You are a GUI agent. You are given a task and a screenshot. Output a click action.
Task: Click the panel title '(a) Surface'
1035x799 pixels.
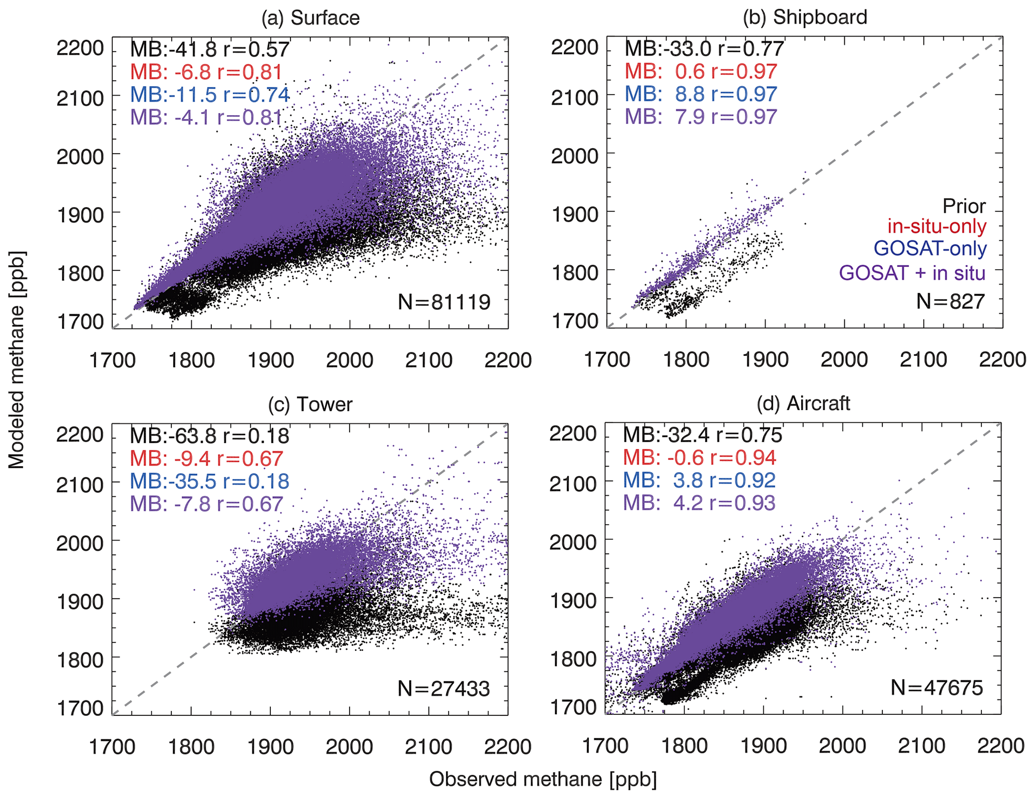click(310, 18)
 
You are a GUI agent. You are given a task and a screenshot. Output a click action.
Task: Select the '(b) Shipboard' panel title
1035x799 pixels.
click(805, 17)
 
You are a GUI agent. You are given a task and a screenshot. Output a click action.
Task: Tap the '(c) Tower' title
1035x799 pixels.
click(310, 404)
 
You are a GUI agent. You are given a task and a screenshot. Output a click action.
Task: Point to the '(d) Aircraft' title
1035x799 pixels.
click(803, 403)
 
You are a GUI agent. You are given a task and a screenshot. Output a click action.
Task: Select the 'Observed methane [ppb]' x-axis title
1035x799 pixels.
click(543, 779)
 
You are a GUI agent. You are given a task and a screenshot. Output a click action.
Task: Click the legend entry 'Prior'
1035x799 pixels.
click(964, 206)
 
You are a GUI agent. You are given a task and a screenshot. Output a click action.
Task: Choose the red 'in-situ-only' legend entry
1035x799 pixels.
click(937, 226)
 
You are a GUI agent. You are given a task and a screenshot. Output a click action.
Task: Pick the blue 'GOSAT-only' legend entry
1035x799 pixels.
click(930, 248)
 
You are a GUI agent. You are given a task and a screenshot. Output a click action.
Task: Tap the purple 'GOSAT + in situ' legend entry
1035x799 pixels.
click(912, 273)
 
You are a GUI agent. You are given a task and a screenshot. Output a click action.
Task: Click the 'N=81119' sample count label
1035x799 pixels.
click(444, 302)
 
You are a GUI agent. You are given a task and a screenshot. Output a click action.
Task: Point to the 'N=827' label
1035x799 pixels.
click(950, 301)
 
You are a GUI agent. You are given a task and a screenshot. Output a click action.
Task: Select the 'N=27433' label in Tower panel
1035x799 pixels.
click(444, 689)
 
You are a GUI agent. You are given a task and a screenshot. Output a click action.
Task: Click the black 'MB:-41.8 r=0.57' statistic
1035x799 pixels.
click(210, 49)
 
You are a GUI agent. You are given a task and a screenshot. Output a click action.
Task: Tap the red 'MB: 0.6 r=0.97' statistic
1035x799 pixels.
click(701, 72)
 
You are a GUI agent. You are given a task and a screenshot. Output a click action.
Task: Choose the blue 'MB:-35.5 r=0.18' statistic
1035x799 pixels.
click(209, 481)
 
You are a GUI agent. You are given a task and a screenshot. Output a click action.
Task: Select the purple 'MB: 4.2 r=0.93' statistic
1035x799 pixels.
click(699, 503)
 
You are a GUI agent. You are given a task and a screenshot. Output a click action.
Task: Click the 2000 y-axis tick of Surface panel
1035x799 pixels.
click(80, 157)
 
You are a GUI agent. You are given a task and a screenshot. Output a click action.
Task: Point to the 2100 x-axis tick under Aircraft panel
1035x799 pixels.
click(921, 746)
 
